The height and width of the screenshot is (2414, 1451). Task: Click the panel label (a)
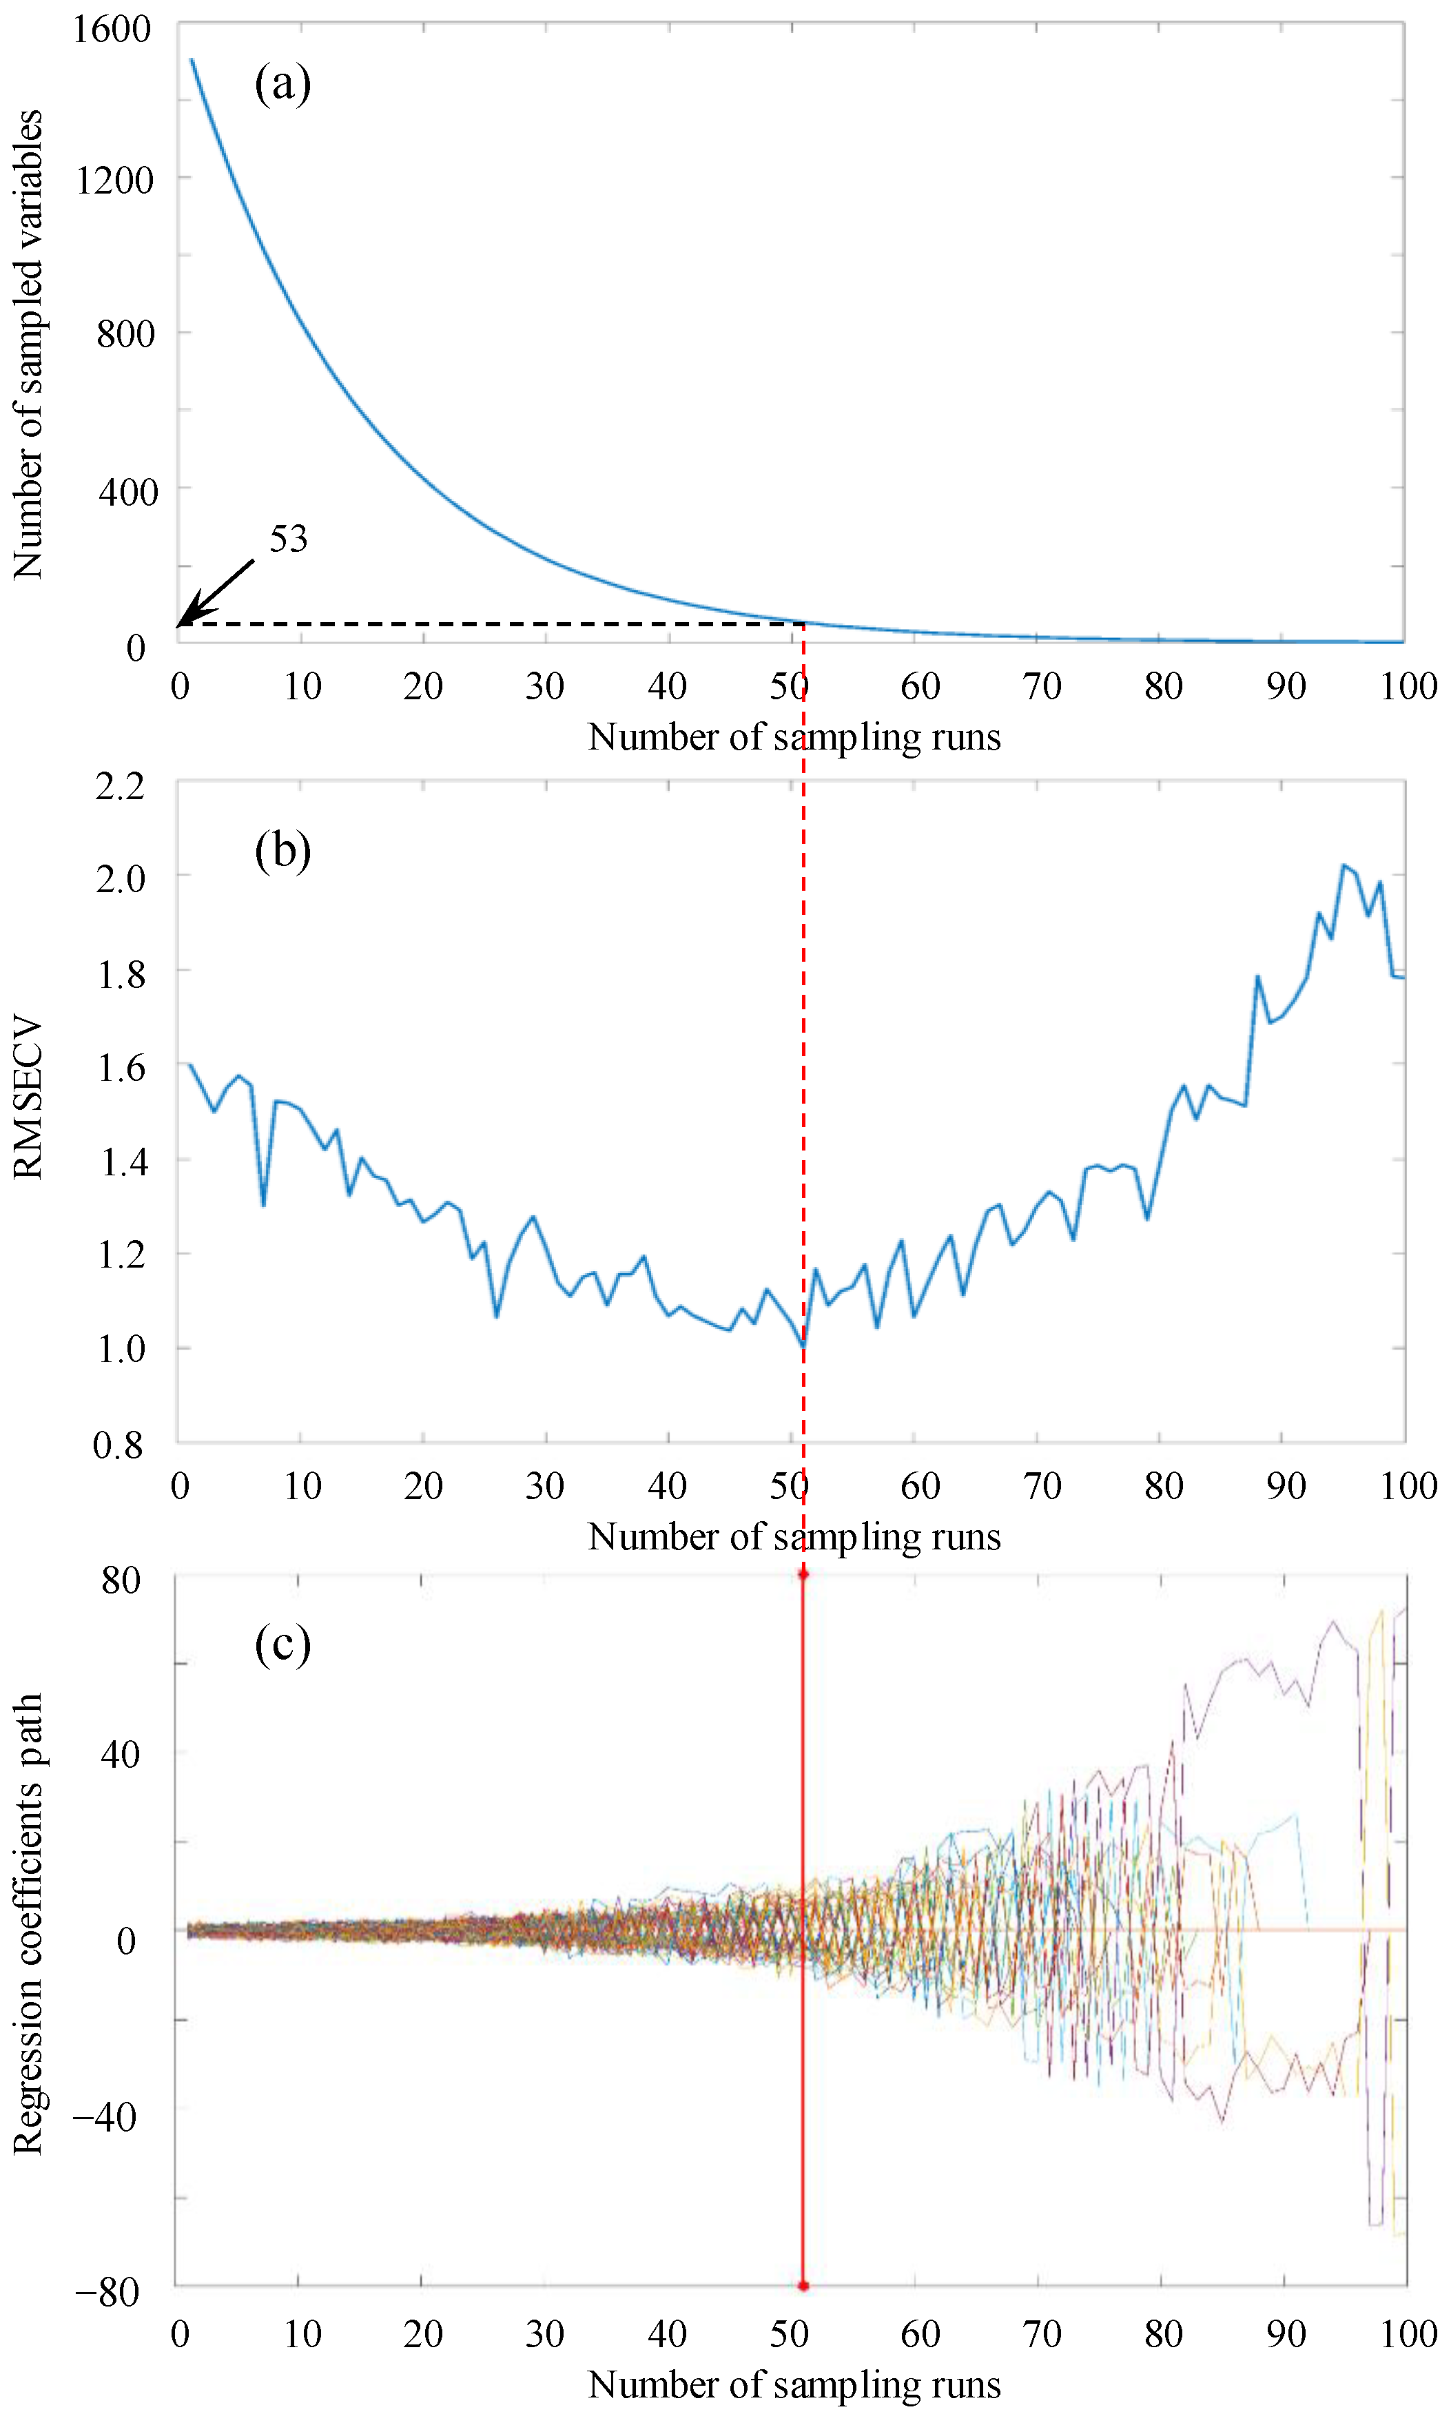click(282, 84)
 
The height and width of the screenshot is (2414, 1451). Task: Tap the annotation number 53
click(289, 539)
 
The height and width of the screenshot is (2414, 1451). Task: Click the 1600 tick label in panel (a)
click(112, 30)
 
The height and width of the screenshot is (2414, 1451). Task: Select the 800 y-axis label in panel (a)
click(125, 334)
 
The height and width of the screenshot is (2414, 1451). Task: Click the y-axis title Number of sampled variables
click(28, 344)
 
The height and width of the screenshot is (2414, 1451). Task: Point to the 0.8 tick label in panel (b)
click(119, 1446)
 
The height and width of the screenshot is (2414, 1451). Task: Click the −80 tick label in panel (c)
click(107, 2293)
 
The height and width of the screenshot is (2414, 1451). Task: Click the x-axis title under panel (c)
click(794, 2384)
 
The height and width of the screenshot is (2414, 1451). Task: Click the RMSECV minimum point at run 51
click(803, 1346)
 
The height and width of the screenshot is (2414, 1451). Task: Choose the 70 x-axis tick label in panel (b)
click(1042, 1486)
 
